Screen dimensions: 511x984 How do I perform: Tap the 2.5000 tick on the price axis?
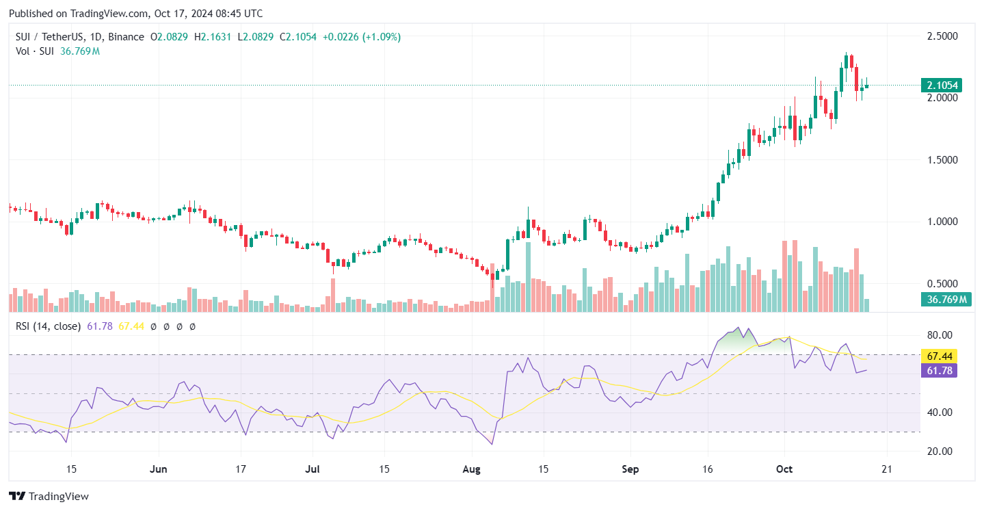941,36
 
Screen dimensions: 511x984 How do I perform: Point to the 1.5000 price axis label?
941,160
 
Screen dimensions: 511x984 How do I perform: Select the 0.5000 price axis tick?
941,284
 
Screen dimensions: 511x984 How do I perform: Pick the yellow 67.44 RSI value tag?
939,356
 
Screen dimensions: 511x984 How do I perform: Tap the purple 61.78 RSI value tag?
939,371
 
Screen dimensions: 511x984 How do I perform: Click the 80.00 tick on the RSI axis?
939,335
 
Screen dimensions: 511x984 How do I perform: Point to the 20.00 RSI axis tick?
939,451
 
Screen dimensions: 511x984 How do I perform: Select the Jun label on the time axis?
158,470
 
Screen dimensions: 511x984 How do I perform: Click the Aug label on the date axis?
471,470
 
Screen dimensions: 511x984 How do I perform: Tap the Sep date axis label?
630,470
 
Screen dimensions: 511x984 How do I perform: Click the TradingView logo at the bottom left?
49,496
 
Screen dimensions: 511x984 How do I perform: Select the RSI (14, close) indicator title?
48,326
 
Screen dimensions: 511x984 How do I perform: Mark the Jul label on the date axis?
313,470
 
